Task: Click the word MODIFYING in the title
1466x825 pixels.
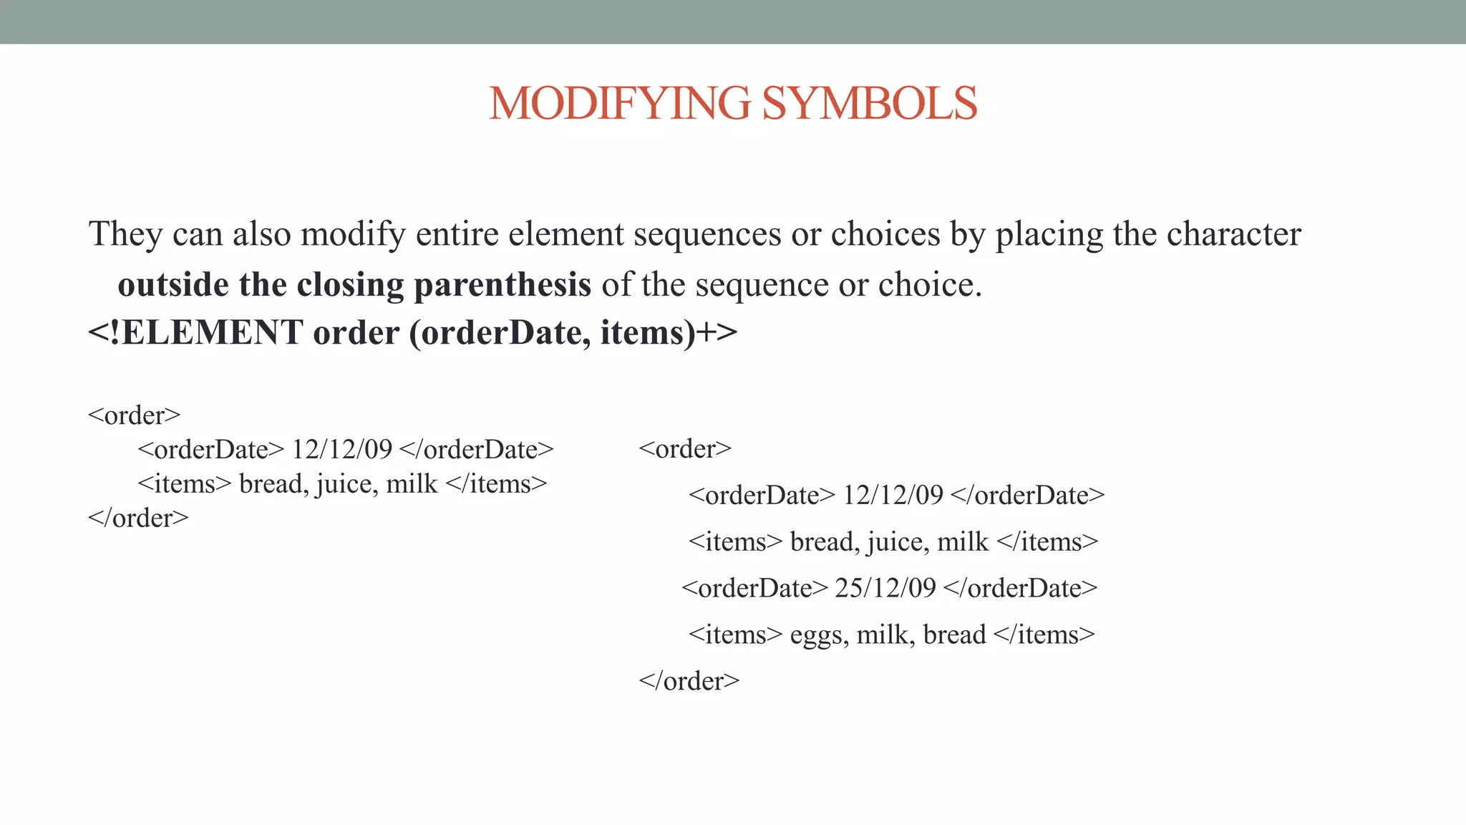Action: click(x=620, y=103)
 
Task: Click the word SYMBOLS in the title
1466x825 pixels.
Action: click(x=869, y=103)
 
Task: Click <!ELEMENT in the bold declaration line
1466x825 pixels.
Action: click(x=195, y=333)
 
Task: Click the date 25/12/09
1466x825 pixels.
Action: click(x=885, y=588)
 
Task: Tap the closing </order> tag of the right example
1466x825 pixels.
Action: click(x=689, y=680)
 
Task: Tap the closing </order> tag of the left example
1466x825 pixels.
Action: click(x=138, y=518)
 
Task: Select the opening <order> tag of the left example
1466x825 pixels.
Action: click(x=134, y=415)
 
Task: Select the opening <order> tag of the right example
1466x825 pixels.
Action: click(x=685, y=449)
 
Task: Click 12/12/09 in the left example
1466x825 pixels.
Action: click(x=342, y=450)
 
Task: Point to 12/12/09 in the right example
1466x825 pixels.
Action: click(x=893, y=495)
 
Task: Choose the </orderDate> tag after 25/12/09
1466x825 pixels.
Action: click(x=1020, y=588)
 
